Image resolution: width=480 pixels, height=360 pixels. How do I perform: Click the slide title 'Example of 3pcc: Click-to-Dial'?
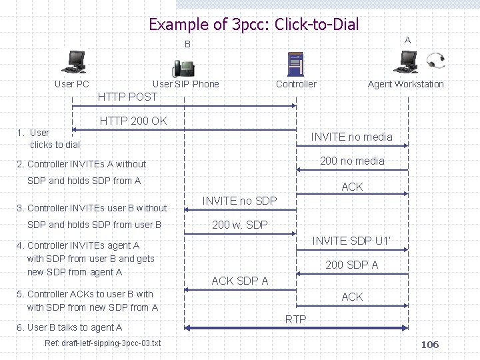pyautogui.click(x=253, y=25)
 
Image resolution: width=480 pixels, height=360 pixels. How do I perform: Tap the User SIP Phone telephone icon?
pyautogui.click(x=185, y=68)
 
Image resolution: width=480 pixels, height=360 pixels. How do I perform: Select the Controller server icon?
pyautogui.click(x=296, y=63)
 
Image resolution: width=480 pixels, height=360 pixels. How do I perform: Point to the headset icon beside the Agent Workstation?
pyautogui.click(x=437, y=60)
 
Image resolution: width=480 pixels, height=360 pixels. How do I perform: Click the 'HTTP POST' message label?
pyautogui.click(x=127, y=97)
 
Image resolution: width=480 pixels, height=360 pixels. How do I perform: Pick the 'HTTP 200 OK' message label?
pyautogui.click(x=133, y=121)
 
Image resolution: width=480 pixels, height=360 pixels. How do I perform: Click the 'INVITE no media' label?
pyautogui.click(x=351, y=137)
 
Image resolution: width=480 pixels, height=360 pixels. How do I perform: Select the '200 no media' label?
pyautogui.click(x=352, y=161)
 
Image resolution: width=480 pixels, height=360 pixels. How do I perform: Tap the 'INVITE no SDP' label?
pyautogui.click(x=239, y=201)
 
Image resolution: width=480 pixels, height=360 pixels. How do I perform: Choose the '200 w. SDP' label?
pyautogui.click(x=239, y=225)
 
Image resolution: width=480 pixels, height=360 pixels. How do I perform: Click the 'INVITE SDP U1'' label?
pyautogui.click(x=352, y=241)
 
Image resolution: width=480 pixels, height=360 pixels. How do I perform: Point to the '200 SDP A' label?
pyautogui.click(x=351, y=265)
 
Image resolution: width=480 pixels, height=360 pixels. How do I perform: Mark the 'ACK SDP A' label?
pyautogui.click(x=239, y=281)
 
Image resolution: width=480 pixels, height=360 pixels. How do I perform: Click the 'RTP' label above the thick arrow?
pyautogui.click(x=295, y=319)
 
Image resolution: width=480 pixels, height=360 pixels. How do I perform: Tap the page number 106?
pyautogui.click(x=430, y=345)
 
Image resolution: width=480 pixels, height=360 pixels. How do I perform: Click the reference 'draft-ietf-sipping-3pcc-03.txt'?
pyautogui.click(x=103, y=343)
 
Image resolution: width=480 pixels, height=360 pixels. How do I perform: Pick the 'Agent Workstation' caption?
pyautogui.click(x=405, y=84)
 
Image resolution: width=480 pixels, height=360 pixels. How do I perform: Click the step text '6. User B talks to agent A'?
pyautogui.click(x=69, y=327)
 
